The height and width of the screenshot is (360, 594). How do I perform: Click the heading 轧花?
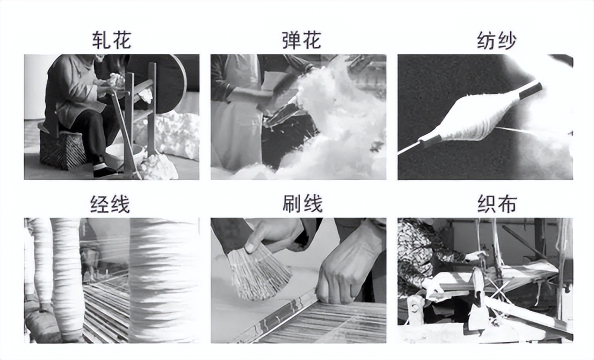pyautogui.click(x=111, y=41)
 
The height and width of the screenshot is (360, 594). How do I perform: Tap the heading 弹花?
pyautogui.click(x=301, y=41)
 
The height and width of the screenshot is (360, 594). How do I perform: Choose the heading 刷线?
pyautogui.click(x=302, y=204)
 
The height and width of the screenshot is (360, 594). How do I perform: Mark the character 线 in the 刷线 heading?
pyautogui.click(x=313, y=204)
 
